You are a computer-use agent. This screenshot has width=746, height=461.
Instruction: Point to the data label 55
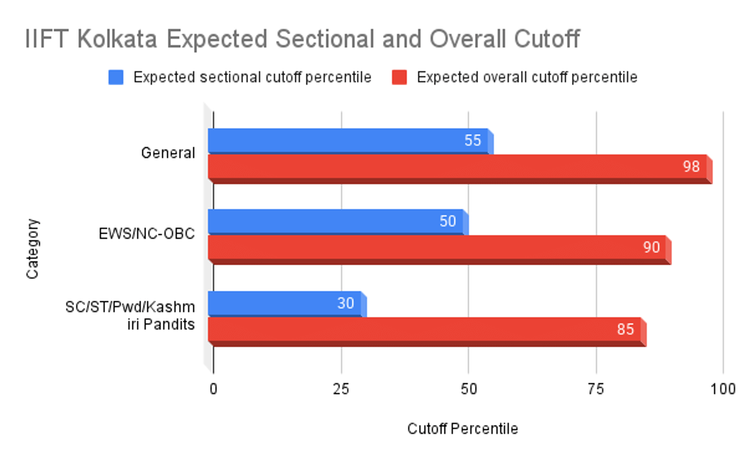(472, 141)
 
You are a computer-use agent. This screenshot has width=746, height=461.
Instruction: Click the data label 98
(691, 167)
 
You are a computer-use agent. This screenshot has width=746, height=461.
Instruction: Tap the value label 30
(346, 303)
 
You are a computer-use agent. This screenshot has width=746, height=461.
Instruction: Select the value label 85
(625, 330)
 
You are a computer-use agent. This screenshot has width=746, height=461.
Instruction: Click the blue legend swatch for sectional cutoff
(116, 78)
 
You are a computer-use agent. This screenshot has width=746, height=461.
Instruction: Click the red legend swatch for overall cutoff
(399, 78)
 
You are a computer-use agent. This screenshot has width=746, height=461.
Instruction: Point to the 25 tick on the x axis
(341, 389)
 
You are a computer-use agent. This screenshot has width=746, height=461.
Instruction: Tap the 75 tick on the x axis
(596, 389)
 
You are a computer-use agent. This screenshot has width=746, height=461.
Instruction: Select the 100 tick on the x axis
(723, 389)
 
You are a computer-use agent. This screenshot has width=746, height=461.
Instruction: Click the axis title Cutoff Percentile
(462, 429)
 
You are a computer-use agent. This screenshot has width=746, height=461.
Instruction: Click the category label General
(168, 153)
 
